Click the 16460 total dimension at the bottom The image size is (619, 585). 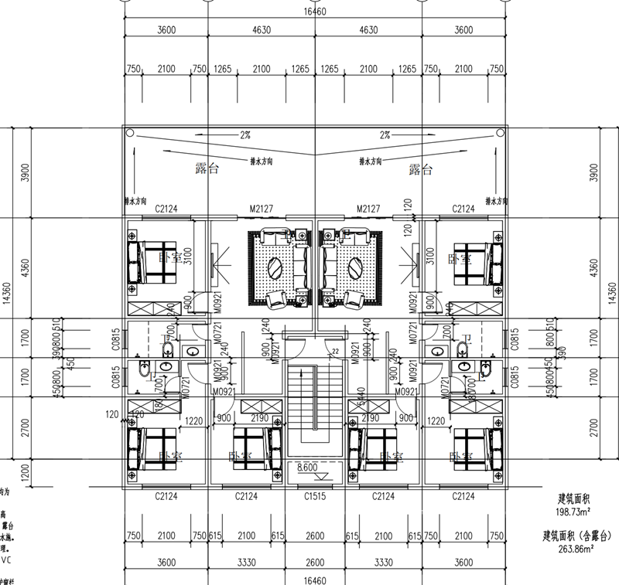[x=315, y=578]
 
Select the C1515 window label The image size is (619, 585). [x=314, y=495]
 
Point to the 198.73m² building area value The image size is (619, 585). [x=574, y=512]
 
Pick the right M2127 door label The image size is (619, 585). [x=368, y=209]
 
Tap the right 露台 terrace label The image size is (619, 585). [x=419, y=169]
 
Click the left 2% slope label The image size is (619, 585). [x=245, y=135]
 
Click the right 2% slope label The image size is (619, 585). [x=385, y=135]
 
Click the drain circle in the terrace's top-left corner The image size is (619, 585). [x=131, y=133]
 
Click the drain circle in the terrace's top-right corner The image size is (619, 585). [x=498, y=133]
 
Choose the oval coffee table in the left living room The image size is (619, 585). [x=275, y=268]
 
